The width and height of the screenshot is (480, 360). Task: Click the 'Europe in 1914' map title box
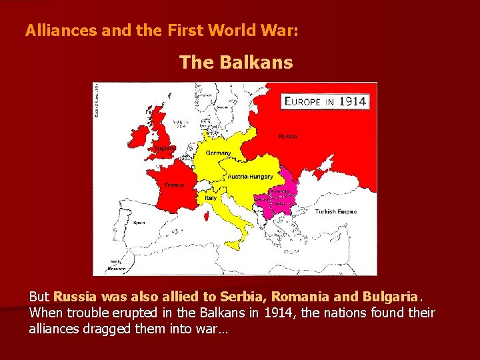[x=325, y=102]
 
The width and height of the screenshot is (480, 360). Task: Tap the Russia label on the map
[x=288, y=136]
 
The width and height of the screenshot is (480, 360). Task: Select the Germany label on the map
[x=219, y=153]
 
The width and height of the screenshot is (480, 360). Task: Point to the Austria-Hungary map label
[x=250, y=177]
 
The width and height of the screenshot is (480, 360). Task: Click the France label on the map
[x=175, y=185]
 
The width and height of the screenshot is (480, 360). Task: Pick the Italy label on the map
[x=211, y=198]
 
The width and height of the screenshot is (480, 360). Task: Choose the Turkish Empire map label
[x=335, y=212]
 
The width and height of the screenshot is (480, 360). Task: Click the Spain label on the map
[x=139, y=223]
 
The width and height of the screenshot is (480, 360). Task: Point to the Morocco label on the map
[x=116, y=269]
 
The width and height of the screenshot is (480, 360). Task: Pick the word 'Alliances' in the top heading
[x=57, y=31]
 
